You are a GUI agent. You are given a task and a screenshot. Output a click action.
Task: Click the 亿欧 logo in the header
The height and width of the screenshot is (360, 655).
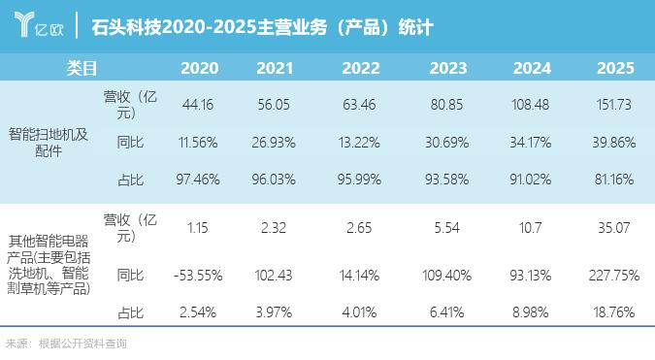[x=39, y=24]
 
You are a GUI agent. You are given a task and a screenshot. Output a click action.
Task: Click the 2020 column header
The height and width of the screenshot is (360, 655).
[x=199, y=68]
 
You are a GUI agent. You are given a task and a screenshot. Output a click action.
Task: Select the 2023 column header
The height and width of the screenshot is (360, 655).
[x=447, y=68]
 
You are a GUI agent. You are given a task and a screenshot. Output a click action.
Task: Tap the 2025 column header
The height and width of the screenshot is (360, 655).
[x=615, y=68]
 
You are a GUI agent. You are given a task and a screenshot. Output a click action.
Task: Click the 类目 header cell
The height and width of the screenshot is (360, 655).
[x=82, y=68]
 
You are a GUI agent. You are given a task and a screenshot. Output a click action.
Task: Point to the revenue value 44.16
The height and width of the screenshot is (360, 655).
[x=198, y=105]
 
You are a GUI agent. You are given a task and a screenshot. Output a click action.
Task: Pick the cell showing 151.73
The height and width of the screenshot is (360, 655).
[x=613, y=105]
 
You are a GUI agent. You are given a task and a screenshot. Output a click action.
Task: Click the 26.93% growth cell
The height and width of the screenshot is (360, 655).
[x=274, y=143]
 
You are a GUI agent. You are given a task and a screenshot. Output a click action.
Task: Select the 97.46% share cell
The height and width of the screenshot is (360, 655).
[x=198, y=180]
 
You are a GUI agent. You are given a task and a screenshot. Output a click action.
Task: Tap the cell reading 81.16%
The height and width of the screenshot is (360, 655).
[x=614, y=180]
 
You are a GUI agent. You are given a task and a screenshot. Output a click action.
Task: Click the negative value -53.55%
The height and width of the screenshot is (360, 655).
[x=198, y=276]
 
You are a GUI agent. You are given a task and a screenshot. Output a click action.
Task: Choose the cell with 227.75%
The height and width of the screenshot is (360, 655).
[x=614, y=276]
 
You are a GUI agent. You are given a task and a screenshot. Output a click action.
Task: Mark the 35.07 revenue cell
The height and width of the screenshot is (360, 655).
[x=613, y=228]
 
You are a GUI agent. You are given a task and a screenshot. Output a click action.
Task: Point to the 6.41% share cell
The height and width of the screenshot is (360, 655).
[x=446, y=312]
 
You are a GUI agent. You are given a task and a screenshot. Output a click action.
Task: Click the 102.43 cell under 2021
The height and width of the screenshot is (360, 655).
[x=274, y=276]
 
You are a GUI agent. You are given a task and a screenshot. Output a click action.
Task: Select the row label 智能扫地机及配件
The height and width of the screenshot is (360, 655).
[x=49, y=143]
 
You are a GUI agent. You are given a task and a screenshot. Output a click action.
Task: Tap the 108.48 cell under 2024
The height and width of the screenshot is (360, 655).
[x=530, y=105]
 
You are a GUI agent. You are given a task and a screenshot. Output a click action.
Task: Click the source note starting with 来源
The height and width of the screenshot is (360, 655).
[x=66, y=344]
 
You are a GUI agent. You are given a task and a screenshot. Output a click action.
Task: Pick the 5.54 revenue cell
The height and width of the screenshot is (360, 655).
[x=446, y=228]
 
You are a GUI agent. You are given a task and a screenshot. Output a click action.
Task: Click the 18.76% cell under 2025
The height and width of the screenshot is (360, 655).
[x=614, y=312]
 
